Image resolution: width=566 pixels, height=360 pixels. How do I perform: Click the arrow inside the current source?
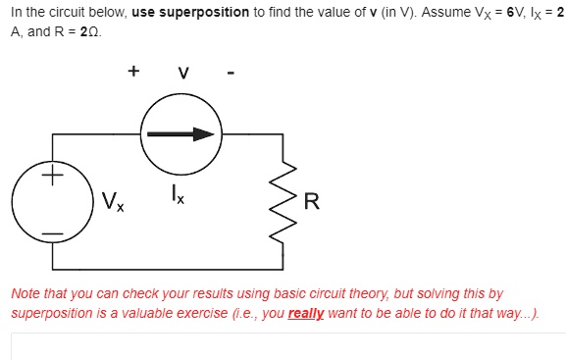point(180,134)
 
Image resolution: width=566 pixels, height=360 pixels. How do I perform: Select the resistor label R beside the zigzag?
point(312,202)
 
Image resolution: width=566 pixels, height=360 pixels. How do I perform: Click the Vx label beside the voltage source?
point(111,203)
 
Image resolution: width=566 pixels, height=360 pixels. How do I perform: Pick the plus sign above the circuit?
point(133,71)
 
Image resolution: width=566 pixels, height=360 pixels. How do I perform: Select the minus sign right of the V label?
point(230,73)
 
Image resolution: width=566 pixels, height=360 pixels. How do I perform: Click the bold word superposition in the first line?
point(199,12)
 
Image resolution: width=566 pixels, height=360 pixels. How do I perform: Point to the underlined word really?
point(306,312)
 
